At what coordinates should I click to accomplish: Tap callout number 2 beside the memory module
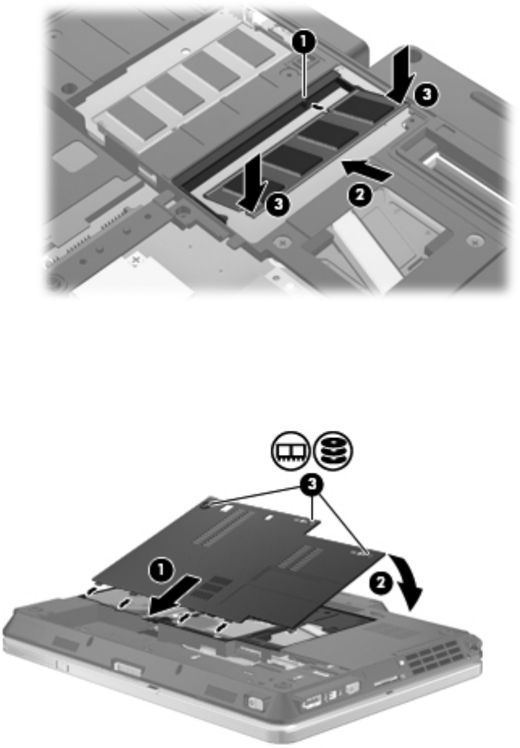(x=360, y=196)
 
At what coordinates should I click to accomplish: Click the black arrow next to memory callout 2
(x=367, y=171)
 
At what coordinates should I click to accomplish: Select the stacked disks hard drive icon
(x=333, y=449)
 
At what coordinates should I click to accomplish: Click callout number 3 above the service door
(x=312, y=486)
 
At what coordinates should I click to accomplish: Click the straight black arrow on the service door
(x=173, y=595)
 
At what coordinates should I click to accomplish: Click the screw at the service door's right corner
(x=366, y=553)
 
